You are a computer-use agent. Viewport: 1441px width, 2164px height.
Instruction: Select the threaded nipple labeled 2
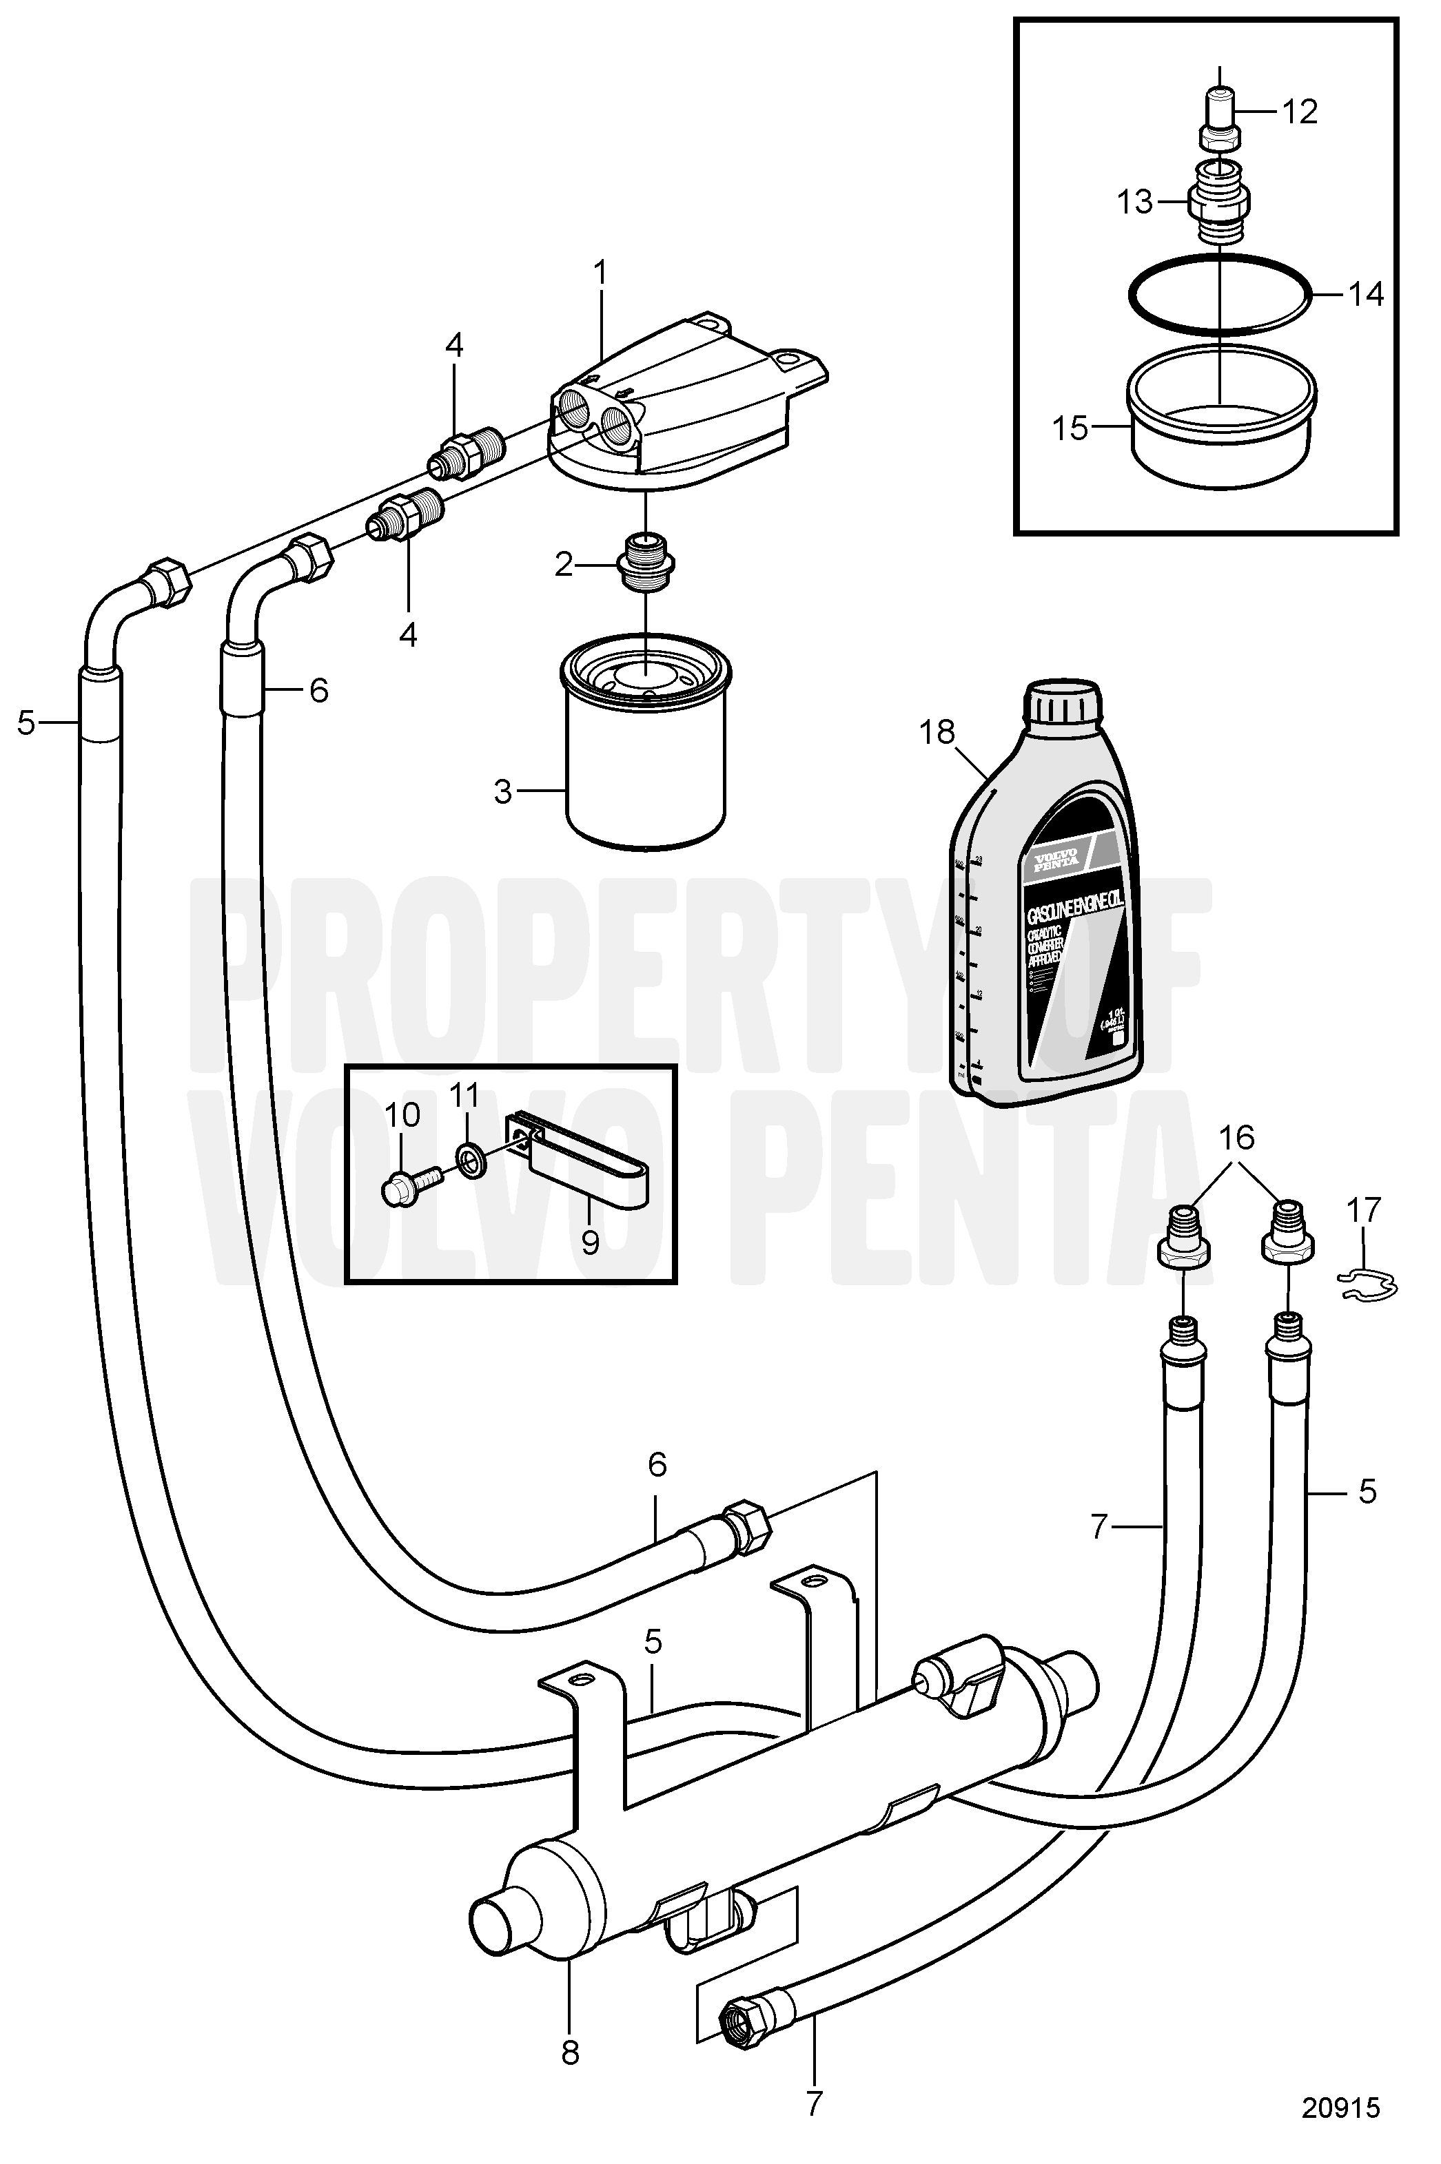647,562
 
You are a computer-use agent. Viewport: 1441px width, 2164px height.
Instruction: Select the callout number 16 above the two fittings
1237,1137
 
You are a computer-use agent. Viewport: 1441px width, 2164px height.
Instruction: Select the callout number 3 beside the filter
502,791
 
